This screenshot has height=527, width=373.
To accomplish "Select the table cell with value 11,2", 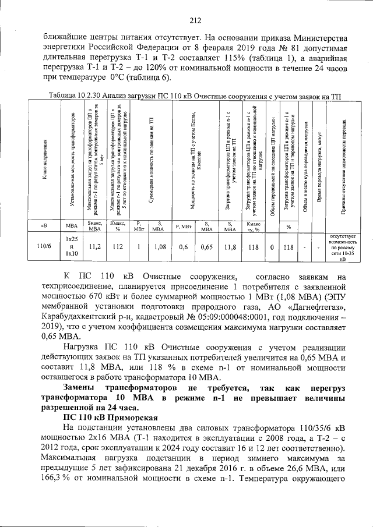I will pos(95,246).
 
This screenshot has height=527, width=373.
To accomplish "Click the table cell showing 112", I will pos(118,246).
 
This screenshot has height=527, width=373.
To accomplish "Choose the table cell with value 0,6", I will pos(183,246).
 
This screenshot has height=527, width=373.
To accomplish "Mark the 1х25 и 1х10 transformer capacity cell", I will pos(71,246).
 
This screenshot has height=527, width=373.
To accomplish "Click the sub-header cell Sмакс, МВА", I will pos(95,225).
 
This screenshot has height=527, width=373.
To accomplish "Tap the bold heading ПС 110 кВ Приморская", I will pos(110,418).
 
